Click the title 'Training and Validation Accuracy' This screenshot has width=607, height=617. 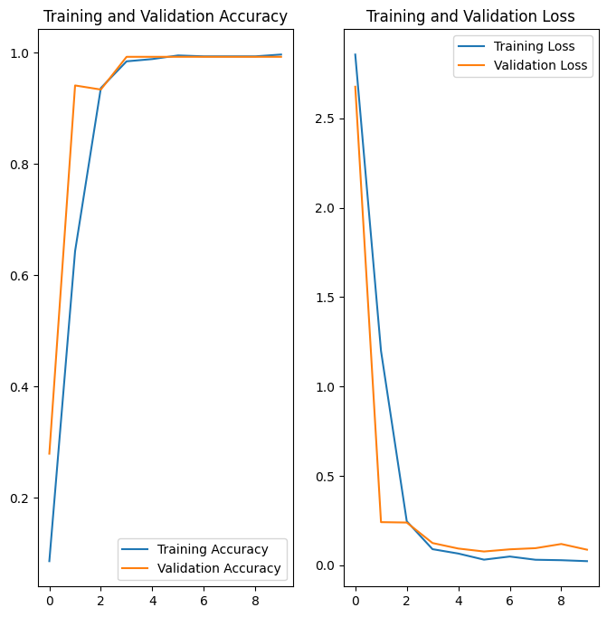166,16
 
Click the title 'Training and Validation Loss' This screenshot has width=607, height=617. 470,16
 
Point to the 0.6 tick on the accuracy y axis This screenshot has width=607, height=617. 22,276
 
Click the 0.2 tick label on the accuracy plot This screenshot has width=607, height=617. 22,498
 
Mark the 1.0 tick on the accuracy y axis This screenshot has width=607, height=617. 22,53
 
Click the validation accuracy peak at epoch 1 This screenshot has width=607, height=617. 75,85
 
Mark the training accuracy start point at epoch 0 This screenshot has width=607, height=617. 50,561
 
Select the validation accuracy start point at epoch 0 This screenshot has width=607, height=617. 50,453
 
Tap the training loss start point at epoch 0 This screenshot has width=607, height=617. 356,54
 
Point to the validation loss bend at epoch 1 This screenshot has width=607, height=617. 381,522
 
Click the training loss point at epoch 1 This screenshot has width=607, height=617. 381,351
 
